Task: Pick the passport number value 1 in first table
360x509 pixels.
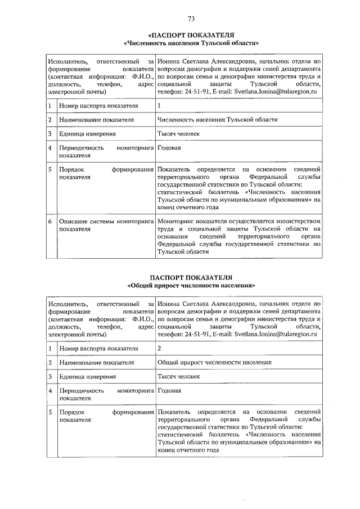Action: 160,106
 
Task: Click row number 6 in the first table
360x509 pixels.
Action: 50,222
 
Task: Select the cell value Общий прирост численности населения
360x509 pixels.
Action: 215,362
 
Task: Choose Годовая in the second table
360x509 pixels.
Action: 169,390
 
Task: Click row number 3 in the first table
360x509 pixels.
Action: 50,134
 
